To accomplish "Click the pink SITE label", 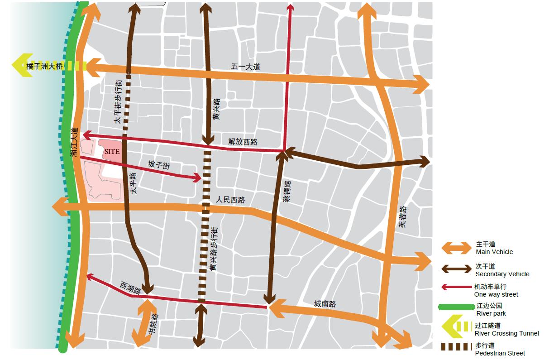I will [112, 152].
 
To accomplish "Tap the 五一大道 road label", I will [246, 67].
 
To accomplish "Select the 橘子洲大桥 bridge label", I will [44, 66].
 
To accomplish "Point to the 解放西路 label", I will [243, 141].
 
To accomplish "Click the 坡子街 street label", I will [159, 165].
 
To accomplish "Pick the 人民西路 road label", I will [230, 199].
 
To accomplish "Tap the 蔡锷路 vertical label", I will [287, 191].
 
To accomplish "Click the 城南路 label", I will [325, 304].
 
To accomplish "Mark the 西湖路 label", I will [131, 288].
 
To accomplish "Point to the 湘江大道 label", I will [75, 143].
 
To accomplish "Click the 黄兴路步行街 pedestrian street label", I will [214, 249].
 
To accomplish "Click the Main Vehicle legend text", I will [494, 252].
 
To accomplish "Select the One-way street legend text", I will [496, 294].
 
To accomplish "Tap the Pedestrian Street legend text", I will [500, 353].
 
